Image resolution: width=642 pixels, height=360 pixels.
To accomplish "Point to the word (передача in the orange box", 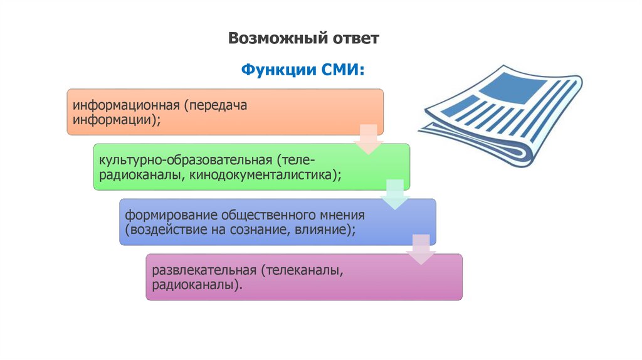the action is (x=216, y=105).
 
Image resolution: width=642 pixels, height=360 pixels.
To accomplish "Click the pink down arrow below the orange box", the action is (x=369, y=139).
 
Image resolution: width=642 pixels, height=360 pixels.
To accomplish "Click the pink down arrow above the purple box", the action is (x=421, y=249).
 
